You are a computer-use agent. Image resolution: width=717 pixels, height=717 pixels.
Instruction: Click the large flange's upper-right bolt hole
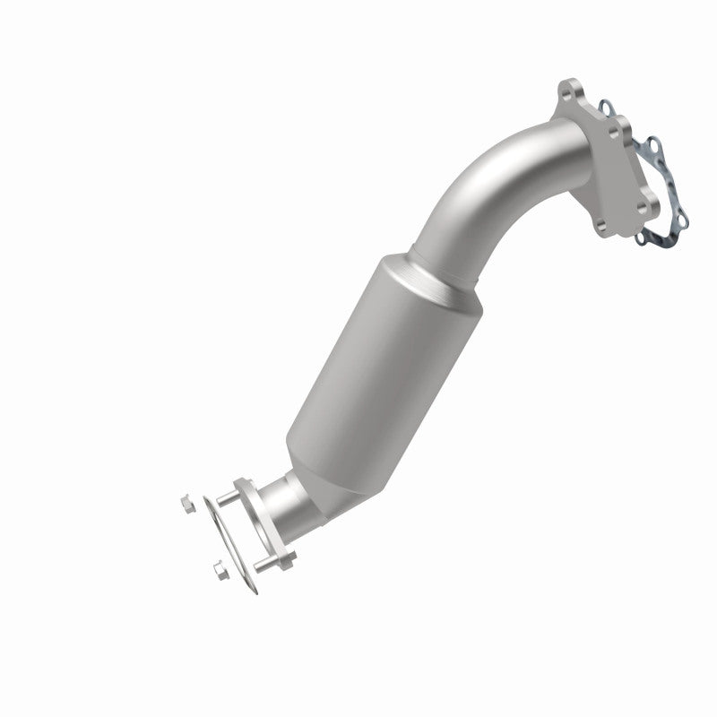[615, 132]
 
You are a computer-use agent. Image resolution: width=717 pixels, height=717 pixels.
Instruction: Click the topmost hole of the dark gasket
[609, 107]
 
